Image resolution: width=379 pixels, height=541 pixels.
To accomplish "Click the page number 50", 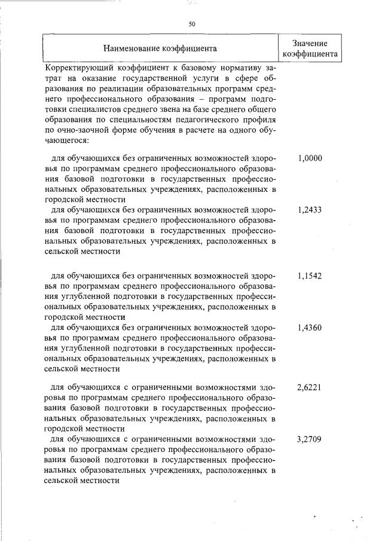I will coord(191,24).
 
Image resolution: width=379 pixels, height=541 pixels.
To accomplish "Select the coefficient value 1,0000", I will coord(309,158).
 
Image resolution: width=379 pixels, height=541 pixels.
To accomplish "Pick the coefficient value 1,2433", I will coord(309,210).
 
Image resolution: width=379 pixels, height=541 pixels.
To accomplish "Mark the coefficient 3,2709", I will coord(309,439).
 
